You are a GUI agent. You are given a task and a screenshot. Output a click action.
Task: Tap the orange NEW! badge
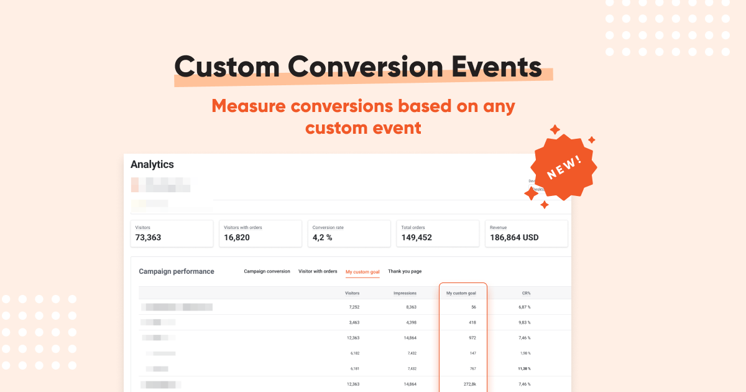564,166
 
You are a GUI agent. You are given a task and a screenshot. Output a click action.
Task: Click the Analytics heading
152,165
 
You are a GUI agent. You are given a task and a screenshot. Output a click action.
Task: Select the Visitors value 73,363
152,238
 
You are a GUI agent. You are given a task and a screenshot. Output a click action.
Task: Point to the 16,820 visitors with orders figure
237,238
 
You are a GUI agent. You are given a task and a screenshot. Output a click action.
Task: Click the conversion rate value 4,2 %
322,238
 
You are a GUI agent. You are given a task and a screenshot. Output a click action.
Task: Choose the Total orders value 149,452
417,238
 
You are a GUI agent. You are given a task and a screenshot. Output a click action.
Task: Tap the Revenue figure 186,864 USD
514,238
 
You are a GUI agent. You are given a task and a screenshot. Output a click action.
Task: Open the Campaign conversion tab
267,271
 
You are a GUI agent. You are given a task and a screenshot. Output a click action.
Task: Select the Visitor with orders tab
318,271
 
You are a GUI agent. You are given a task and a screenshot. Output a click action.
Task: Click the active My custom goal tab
362,272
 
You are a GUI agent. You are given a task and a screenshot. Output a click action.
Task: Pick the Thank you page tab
405,271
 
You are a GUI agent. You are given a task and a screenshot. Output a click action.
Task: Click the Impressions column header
405,293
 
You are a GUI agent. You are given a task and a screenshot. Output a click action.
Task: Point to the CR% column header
526,293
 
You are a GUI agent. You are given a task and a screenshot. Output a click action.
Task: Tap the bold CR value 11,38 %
524,368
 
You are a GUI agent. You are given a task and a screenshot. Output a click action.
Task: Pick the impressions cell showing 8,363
407,307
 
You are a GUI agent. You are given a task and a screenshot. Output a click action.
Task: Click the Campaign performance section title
177,271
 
